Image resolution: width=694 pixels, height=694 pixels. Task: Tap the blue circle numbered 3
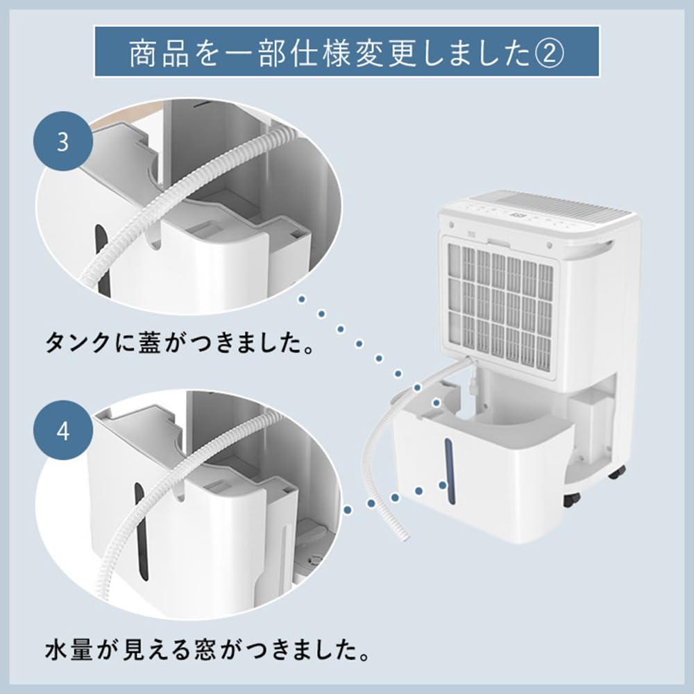click(63, 143)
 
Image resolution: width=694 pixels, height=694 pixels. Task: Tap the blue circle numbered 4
click(63, 432)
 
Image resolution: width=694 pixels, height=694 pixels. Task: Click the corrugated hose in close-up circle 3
click(173, 201)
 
